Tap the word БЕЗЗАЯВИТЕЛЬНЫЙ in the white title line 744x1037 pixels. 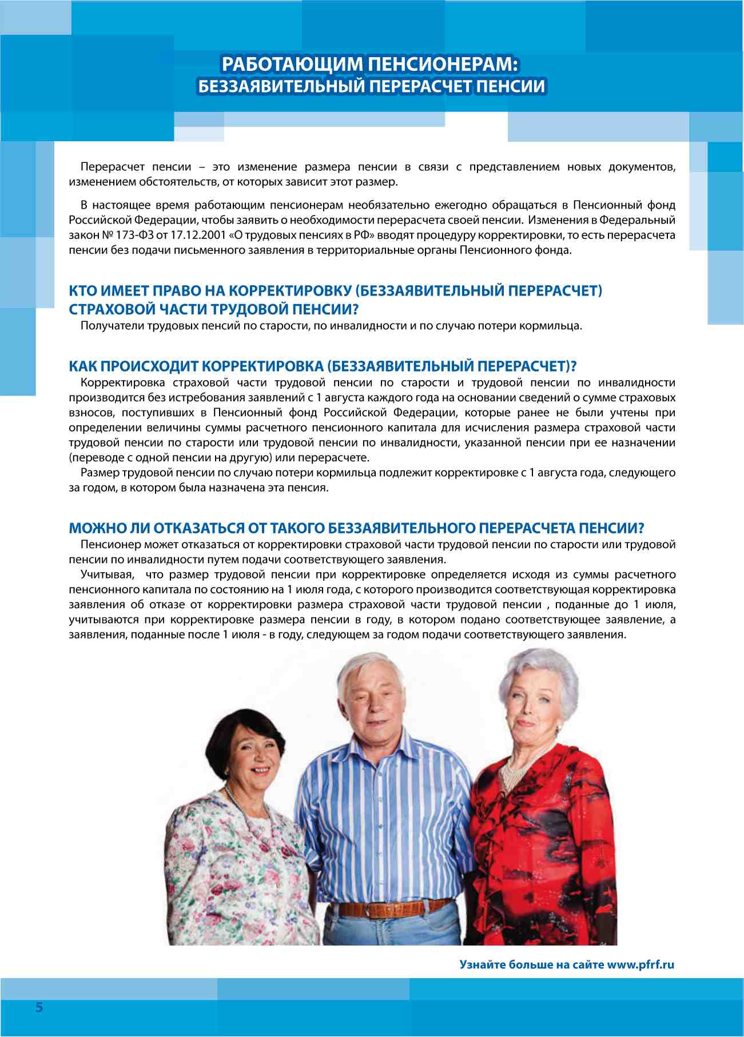pos(281,86)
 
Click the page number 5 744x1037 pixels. pos(39,1007)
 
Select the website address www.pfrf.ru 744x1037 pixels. pos(640,965)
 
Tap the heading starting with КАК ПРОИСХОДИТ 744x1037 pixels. pos(323,366)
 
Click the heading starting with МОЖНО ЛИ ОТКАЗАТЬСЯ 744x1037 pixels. pos(356,528)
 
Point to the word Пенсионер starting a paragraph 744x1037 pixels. pos(111,544)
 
